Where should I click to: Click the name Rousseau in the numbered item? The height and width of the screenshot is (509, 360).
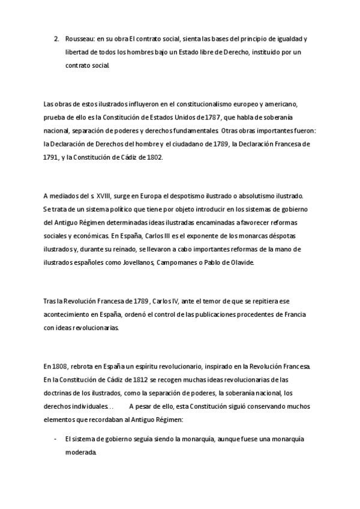(79, 39)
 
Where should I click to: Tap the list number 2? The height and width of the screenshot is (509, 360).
(56, 39)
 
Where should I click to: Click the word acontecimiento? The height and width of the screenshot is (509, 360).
(71, 315)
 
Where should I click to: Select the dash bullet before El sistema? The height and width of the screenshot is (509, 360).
(56, 439)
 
